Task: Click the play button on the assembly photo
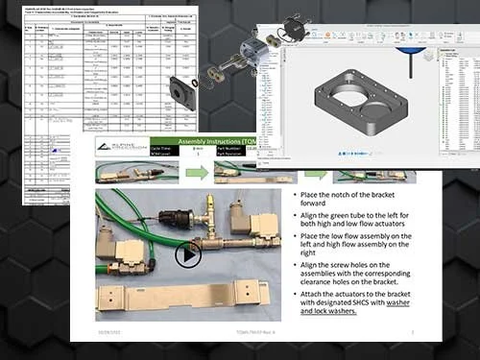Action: coord(188,254)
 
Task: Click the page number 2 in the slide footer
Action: coord(411,330)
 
